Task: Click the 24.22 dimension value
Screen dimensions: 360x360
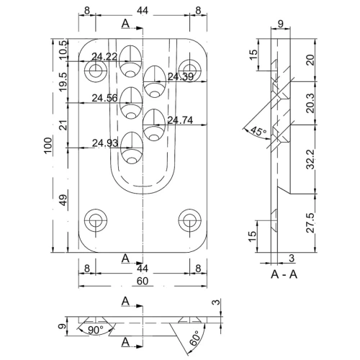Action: coord(104,58)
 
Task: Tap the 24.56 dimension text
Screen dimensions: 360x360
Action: coord(104,98)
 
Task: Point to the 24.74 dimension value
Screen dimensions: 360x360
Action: coord(180,120)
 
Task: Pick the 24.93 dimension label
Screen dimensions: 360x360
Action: coord(104,143)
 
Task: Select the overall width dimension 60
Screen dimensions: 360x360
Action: coord(144,282)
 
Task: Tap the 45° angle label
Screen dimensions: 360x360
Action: coord(257,132)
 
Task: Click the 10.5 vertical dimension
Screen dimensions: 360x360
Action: coord(63,50)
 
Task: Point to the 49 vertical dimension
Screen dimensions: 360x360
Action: coord(63,199)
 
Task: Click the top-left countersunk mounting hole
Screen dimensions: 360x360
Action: coord(95,70)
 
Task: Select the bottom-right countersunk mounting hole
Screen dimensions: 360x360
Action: coord(189,220)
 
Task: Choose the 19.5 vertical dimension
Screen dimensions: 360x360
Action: coord(63,81)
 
